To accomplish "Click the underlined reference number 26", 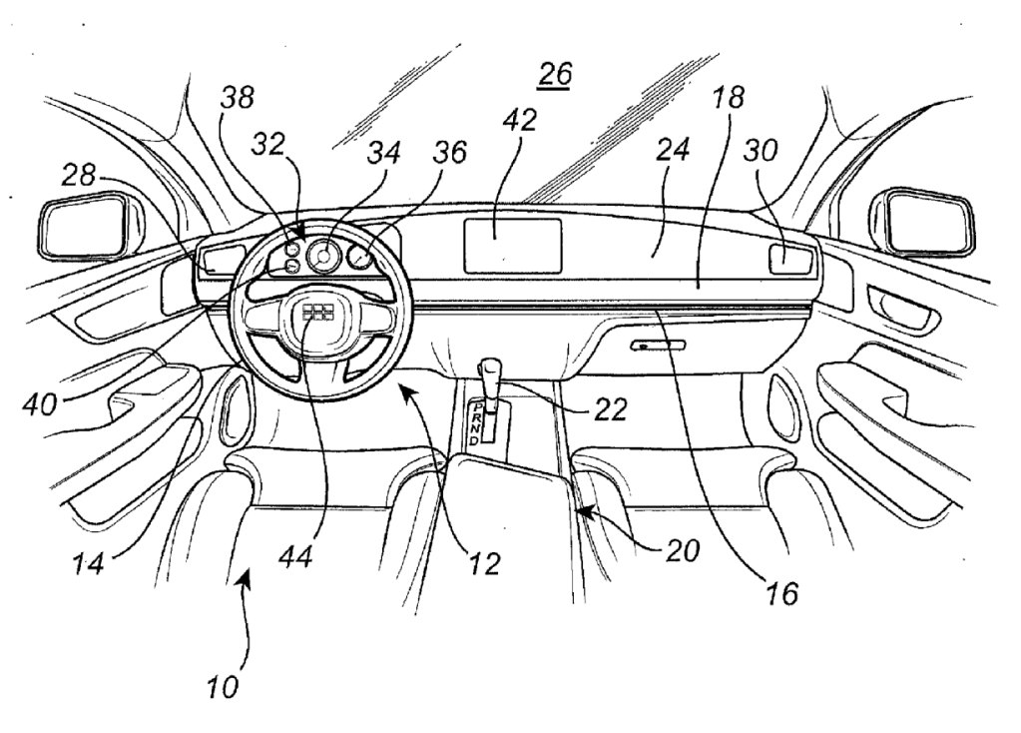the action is tap(556, 75).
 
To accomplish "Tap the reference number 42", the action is tap(520, 120).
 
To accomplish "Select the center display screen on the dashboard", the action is tap(512, 246).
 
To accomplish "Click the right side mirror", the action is tap(922, 224).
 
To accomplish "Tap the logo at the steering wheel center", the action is tap(318, 313).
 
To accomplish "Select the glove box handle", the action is tap(658, 346).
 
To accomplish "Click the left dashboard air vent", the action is tap(221, 261).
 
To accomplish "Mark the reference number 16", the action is tap(781, 593).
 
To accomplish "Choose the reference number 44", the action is tap(295, 556).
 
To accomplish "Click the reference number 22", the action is tap(610, 409).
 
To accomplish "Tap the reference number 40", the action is tap(40, 404).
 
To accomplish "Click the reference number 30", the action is tap(761, 151).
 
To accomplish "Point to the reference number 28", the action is tap(79, 175).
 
